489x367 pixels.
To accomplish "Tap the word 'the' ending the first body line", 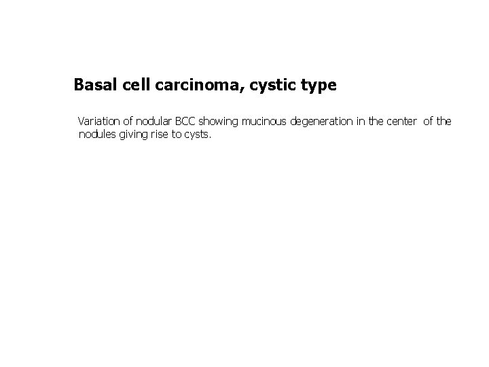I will [443, 122].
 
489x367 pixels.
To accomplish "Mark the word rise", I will [157, 135].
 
